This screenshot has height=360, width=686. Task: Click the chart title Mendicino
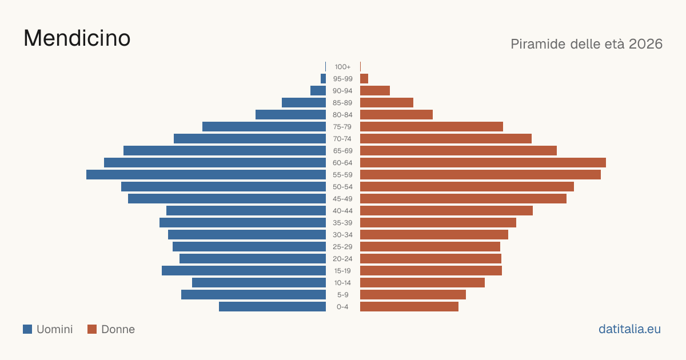(x=77, y=38)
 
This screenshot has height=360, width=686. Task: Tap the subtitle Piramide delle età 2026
(x=587, y=44)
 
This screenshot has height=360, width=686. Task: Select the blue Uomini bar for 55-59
(x=206, y=175)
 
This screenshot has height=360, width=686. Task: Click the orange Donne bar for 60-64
(x=483, y=162)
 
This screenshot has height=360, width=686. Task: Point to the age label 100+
(x=342, y=67)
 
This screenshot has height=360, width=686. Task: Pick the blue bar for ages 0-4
(x=272, y=307)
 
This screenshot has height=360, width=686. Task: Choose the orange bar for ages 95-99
(x=364, y=79)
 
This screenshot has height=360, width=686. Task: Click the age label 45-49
(x=342, y=199)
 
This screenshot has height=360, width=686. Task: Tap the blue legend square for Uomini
(x=27, y=329)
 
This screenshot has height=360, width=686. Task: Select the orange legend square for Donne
(x=92, y=329)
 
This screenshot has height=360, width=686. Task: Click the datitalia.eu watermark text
(x=629, y=329)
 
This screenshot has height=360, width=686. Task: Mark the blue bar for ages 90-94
(x=318, y=91)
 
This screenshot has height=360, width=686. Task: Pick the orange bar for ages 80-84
(x=396, y=115)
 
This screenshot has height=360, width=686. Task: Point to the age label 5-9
(x=342, y=295)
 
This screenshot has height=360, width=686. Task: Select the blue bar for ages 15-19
(x=244, y=271)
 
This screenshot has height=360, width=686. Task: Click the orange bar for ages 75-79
(x=432, y=127)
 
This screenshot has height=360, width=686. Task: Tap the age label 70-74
(x=342, y=139)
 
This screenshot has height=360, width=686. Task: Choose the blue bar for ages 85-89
(x=304, y=102)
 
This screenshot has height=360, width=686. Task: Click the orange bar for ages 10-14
(x=422, y=282)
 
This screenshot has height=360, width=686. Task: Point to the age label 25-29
(x=342, y=247)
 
